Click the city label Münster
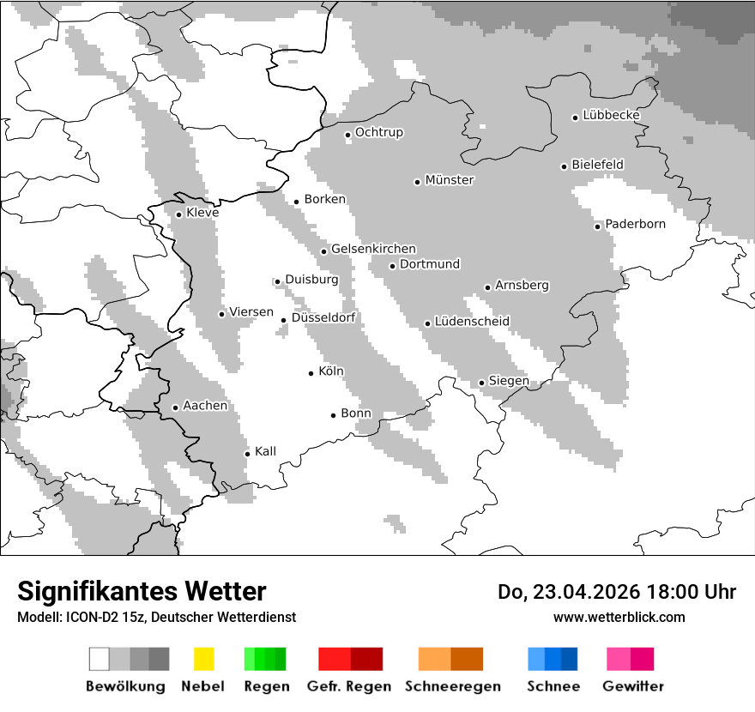click(450, 180)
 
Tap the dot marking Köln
click(311, 373)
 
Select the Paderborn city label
click(635, 225)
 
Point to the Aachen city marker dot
click(175, 407)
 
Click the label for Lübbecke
click(611, 115)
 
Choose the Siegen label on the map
click(509, 381)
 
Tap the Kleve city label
click(202, 213)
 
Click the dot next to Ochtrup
click(347, 135)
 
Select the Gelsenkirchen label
click(373, 249)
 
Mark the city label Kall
click(265, 451)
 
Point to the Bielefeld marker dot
click(564, 166)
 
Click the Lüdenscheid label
click(472, 322)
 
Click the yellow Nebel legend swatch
click(203, 659)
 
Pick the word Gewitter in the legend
click(632, 686)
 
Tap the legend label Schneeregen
click(452, 686)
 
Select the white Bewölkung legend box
click(100, 659)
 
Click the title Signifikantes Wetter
click(142, 592)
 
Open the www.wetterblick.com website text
click(619, 618)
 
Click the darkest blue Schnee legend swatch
click(570, 659)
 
